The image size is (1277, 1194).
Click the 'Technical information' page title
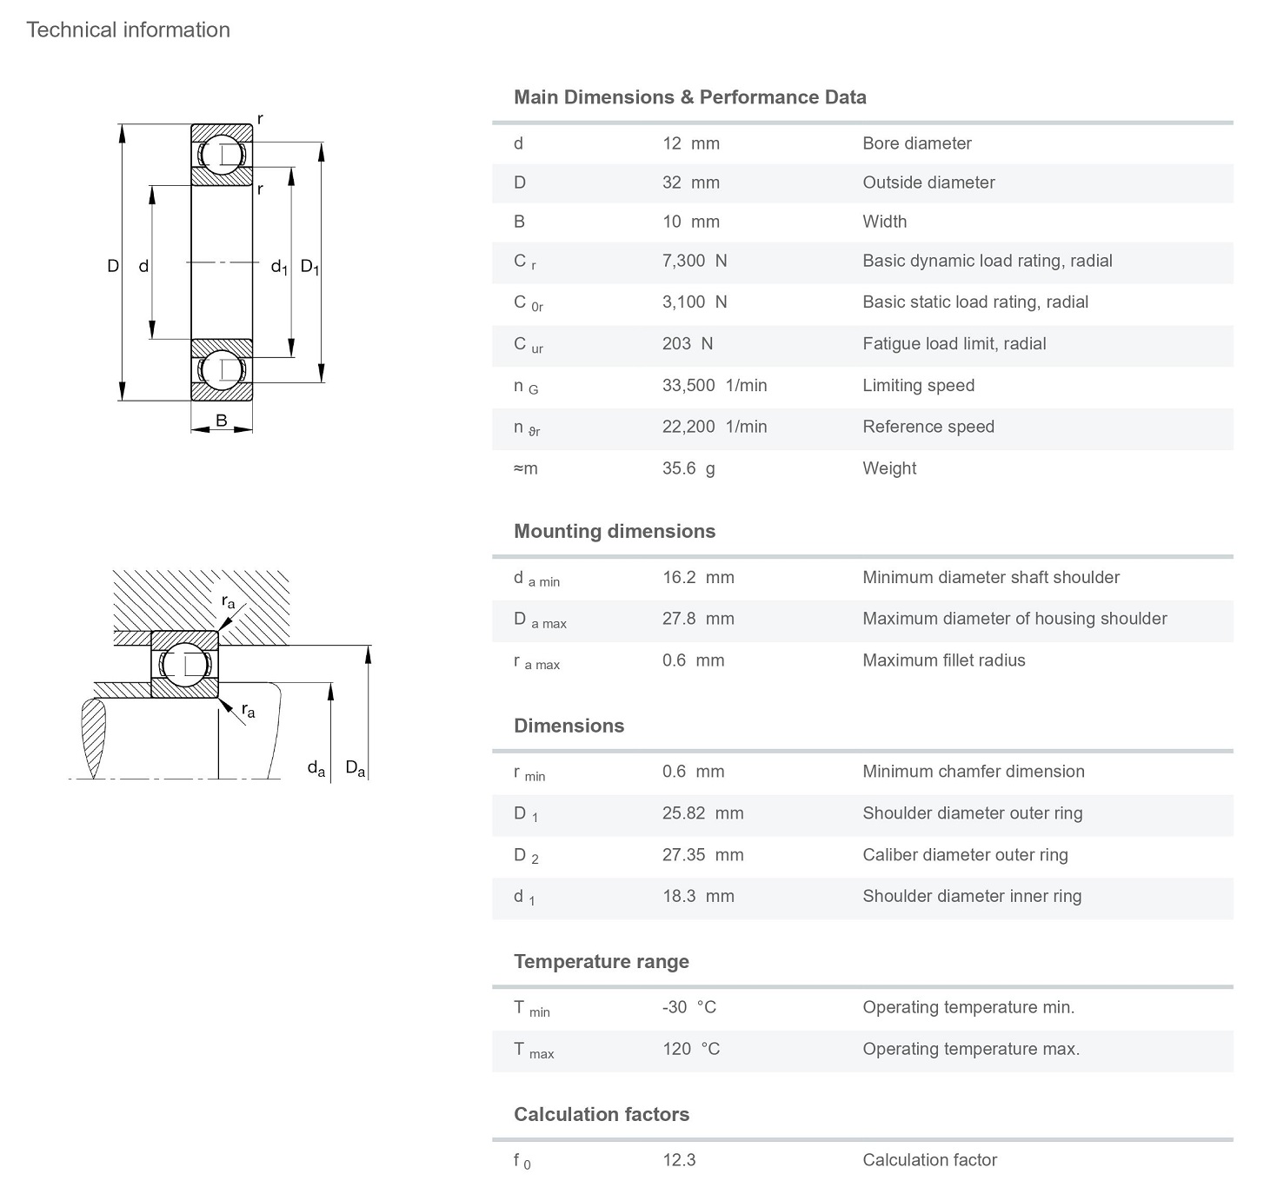[128, 30]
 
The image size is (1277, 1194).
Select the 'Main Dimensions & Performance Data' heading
[689, 97]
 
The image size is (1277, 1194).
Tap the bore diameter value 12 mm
[690, 143]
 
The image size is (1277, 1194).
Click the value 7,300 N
[694, 261]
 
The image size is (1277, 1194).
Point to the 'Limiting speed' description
[918, 385]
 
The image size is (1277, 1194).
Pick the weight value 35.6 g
[688, 468]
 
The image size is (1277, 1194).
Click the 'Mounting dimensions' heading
[614, 531]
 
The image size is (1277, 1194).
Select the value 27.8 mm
[697, 619]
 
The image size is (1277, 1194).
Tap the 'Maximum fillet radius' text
[943, 660]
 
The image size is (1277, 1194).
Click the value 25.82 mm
[702, 813]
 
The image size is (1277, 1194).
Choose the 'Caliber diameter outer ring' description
[965, 854]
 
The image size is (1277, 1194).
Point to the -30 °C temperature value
[688, 1007]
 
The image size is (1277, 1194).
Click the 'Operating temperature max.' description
[970, 1049]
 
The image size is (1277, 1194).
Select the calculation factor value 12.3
[678, 1160]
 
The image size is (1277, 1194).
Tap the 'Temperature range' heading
[601, 961]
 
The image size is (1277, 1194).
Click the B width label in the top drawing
[222, 421]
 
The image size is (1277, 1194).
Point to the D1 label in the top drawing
[309, 267]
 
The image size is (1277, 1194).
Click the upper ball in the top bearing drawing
[222, 155]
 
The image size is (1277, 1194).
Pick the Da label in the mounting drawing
[355, 768]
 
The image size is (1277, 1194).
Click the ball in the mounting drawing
[184, 665]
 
